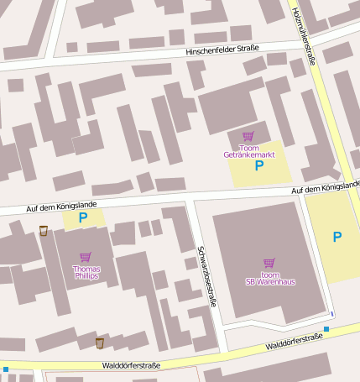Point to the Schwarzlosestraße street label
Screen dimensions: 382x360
206,276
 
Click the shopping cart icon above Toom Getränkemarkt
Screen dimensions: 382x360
248,136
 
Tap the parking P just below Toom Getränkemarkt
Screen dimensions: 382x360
258,166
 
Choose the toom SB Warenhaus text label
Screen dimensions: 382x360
269,278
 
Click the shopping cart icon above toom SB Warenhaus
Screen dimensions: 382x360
269,263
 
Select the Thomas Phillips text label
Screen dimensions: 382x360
85,272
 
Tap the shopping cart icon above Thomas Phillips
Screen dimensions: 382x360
85,257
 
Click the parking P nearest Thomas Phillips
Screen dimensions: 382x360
82,218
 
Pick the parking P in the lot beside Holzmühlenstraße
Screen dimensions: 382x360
337,237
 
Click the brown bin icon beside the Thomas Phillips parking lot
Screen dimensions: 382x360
44,231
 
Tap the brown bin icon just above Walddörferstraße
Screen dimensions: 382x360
99,343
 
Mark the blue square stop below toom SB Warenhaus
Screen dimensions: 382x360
326,328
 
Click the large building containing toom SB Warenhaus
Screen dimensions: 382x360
269,243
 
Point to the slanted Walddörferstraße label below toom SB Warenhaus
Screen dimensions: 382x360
294,341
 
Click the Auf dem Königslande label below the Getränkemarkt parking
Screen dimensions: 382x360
326,188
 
